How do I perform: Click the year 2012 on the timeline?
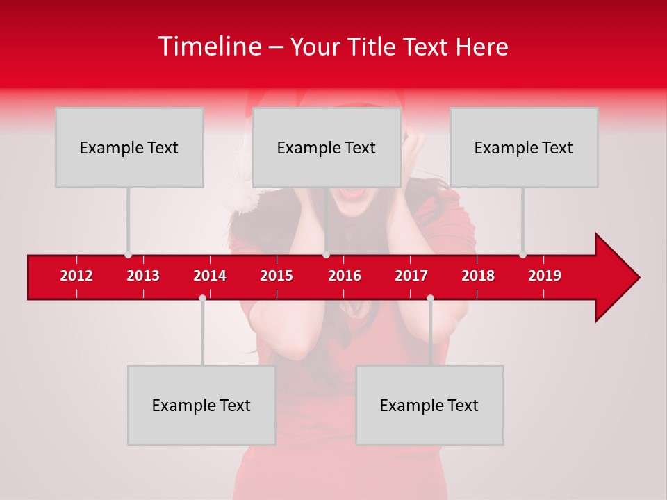(x=76, y=276)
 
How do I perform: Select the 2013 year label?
(x=143, y=276)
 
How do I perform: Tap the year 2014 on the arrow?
(x=210, y=276)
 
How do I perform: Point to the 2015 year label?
(x=277, y=276)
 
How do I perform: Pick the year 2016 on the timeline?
(x=345, y=276)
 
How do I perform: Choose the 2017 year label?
(x=411, y=276)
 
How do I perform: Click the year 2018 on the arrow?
(x=478, y=276)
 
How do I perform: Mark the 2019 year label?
(x=545, y=276)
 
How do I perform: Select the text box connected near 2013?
(x=129, y=147)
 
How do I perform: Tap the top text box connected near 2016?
(x=327, y=147)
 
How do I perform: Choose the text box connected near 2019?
(x=524, y=147)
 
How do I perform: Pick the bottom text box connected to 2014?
(x=201, y=405)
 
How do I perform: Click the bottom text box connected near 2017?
(x=429, y=405)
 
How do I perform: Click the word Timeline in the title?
(x=210, y=47)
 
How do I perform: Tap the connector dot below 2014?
(x=202, y=298)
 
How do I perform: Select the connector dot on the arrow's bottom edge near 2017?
(x=430, y=298)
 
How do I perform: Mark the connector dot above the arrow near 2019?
(x=522, y=254)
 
